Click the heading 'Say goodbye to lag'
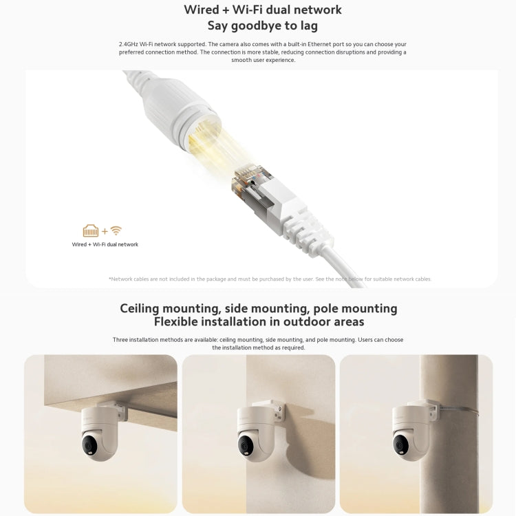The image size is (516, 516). tap(263, 26)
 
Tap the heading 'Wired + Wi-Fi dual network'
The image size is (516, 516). tap(263, 10)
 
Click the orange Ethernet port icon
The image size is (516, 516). tap(91, 231)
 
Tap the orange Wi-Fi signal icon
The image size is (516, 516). tap(116, 231)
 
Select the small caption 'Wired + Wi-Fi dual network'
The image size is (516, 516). tap(105, 244)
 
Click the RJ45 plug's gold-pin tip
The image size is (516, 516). tap(246, 175)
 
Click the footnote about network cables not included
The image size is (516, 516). tap(270, 279)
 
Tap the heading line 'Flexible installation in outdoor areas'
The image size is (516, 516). tap(258, 322)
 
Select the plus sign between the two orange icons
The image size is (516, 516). tap(105, 232)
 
